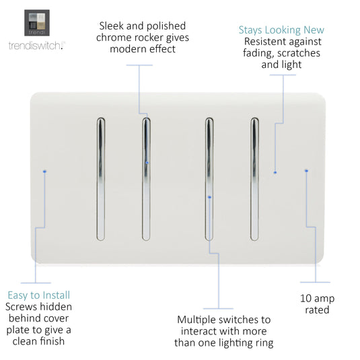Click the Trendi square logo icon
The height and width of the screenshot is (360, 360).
point(37,23)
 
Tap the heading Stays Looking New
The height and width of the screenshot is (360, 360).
point(281,30)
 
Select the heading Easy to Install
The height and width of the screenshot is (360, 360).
point(39,295)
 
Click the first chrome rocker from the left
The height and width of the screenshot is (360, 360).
point(101,179)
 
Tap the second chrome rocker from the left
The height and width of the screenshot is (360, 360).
point(146,179)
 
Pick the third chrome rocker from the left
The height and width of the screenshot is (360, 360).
point(209,179)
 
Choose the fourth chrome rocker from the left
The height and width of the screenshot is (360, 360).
point(254,179)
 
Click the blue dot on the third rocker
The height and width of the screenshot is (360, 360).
point(209,197)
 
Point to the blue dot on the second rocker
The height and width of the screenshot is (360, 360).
point(147,163)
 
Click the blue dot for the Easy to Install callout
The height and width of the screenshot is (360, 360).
point(44,172)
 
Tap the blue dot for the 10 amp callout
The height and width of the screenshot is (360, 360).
point(306,171)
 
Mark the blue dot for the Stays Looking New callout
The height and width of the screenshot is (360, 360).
point(275,172)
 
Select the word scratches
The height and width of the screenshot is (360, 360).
point(299,53)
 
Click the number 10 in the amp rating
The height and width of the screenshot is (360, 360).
point(305,299)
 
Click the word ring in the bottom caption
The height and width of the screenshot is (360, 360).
point(264,343)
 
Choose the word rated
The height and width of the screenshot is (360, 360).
point(317,310)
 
